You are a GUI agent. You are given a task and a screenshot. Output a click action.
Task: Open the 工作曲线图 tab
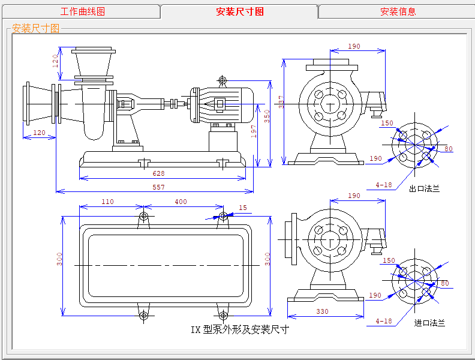coord(82,11)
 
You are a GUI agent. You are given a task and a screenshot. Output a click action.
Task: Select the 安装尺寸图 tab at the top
coord(239,11)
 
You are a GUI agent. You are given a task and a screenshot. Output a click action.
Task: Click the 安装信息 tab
coord(398,11)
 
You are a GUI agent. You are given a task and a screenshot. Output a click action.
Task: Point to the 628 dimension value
coord(158,173)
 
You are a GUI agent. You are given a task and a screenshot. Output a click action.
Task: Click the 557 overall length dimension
coord(158,187)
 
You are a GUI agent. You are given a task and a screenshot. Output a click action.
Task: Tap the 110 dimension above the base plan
coord(107,202)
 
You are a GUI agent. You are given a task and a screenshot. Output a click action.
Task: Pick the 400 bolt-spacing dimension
coord(181,202)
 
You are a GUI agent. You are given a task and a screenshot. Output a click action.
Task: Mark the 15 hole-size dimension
coord(243,208)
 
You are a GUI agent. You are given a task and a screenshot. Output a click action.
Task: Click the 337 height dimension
coord(281,102)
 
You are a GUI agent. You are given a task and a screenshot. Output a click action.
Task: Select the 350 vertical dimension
coord(267,116)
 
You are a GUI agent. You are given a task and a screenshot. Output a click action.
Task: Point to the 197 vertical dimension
coord(254,131)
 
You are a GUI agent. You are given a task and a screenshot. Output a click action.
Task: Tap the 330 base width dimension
coord(323,311)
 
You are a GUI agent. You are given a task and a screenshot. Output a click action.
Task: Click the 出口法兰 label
coord(424,188)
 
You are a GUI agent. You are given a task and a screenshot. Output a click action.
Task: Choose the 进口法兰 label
coord(429,323)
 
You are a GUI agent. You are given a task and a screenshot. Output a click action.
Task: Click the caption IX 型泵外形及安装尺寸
coord(240,329)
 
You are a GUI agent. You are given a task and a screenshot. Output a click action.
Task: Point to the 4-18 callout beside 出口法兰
coord(384,185)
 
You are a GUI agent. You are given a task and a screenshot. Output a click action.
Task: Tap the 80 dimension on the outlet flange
coord(448,149)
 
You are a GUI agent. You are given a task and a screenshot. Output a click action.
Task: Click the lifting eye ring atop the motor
coord(223,80)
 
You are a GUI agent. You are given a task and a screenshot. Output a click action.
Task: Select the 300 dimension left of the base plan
coord(59,259)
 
